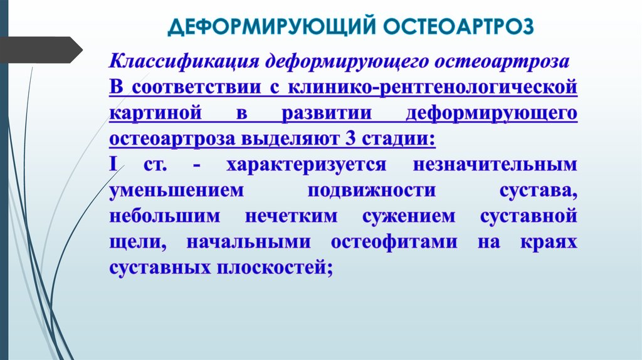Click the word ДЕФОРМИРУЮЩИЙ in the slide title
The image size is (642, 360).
tap(268, 27)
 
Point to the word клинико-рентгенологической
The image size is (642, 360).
tap(432, 87)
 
